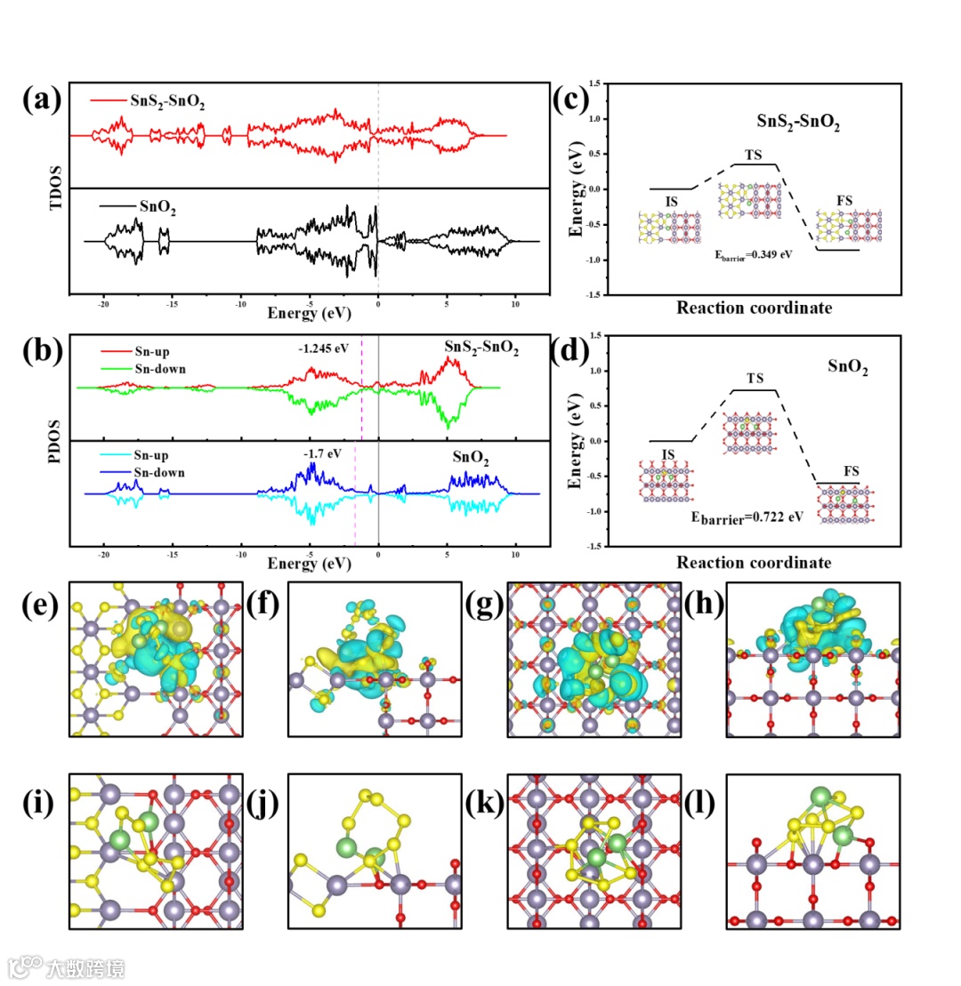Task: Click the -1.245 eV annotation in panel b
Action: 324,349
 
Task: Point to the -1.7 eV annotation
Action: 322,453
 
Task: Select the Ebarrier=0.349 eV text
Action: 754,253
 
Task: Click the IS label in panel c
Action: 672,203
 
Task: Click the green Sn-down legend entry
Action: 160,368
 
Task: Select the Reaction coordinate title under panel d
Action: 755,563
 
